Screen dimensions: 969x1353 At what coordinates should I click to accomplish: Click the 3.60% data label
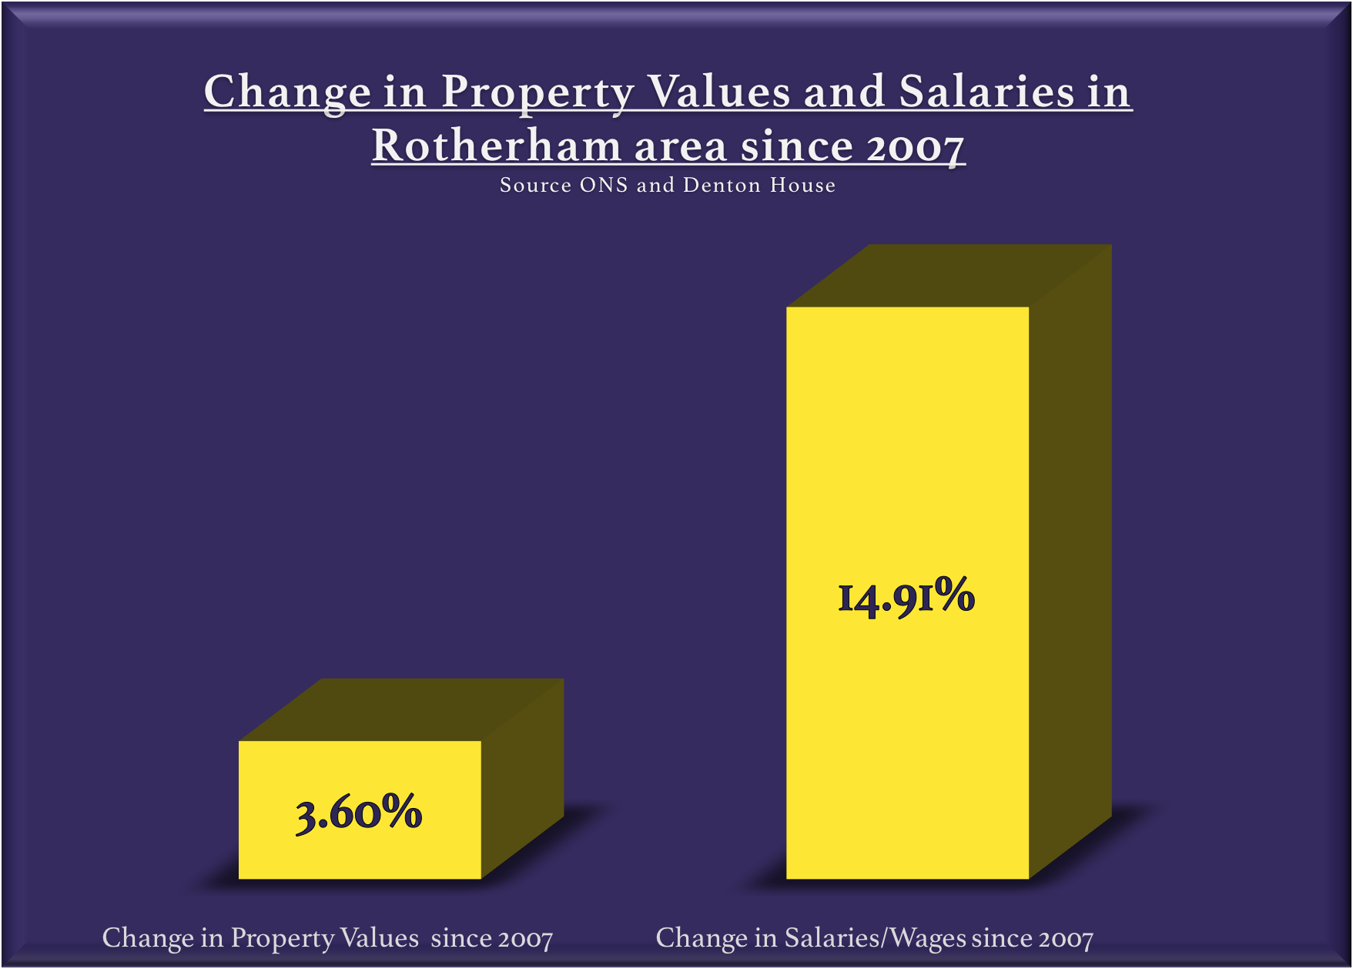(x=359, y=813)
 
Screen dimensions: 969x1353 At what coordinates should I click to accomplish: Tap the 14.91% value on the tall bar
(x=906, y=598)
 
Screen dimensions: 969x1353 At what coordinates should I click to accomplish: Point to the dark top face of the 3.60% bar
(x=401, y=709)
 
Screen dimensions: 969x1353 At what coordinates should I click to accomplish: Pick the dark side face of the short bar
(x=523, y=778)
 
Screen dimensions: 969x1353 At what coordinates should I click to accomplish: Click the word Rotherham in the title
(x=496, y=146)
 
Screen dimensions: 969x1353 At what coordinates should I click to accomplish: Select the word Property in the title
(x=538, y=92)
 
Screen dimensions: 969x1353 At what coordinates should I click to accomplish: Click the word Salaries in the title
(x=986, y=92)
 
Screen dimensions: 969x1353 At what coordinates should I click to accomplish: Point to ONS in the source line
(x=604, y=186)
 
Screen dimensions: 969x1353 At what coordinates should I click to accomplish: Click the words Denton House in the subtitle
(x=759, y=186)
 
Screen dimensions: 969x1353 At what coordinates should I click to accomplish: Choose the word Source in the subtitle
(x=535, y=186)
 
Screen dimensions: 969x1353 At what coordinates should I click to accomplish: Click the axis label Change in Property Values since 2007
(x=327, y=938)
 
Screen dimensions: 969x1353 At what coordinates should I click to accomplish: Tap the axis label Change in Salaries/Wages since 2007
(x=874, y=938)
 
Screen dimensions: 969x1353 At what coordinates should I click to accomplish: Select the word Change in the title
(x=287, y=92)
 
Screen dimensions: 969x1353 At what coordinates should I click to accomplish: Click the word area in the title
(x=681, y=146)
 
